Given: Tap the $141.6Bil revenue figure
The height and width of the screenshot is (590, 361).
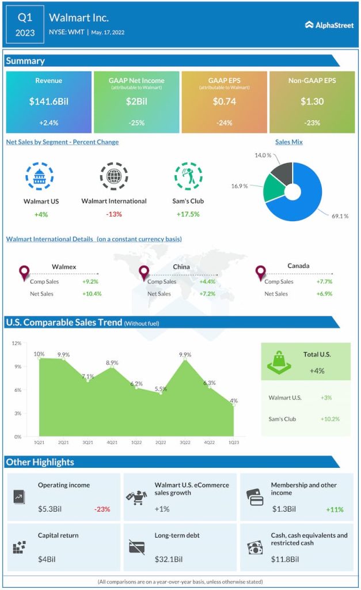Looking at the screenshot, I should (x=48, y=102).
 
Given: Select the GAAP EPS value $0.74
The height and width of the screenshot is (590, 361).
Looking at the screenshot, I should (x=224, y=102).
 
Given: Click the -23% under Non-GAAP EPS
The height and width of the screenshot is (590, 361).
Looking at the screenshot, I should (x=311, y=123).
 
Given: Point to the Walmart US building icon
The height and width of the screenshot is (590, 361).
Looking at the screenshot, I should (x=40, y=176).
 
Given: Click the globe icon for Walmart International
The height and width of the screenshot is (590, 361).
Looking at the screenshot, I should (x=113, y=176).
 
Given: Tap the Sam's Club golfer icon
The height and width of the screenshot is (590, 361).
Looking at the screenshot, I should (x=188, y=176).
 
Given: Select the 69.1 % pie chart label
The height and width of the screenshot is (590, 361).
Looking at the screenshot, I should (x=338, y=216).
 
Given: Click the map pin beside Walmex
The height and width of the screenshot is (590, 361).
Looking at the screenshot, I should (x=24, y=273).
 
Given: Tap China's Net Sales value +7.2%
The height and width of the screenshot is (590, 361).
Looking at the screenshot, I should (x=207, y=294).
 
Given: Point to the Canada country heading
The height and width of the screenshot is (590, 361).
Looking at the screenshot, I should (x=298, y=266).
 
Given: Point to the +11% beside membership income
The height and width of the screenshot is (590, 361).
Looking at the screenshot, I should (x=333, y=509).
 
